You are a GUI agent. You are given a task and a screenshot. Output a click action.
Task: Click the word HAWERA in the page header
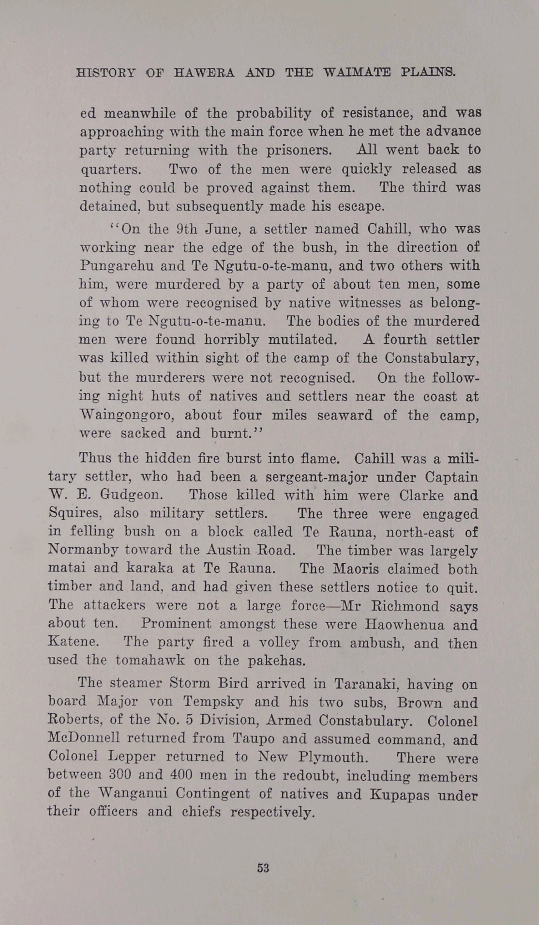(204, 73)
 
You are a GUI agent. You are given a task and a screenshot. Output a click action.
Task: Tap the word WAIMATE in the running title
(357, 73)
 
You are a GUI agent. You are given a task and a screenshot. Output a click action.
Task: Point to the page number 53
(263, 868)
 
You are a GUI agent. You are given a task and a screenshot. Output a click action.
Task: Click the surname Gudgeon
(132, 495)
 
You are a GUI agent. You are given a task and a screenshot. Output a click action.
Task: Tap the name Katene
(73, 642)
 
